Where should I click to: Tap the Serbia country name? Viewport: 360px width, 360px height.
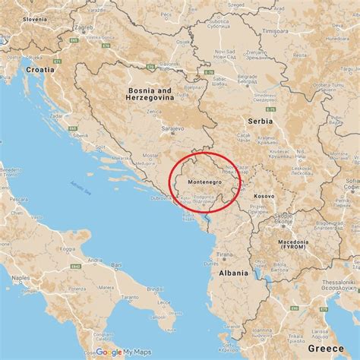(258, 122)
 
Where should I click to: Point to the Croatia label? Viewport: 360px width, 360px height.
(39, 69)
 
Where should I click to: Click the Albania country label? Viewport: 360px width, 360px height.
(233, 273)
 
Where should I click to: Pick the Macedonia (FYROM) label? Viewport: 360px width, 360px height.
(291, 243)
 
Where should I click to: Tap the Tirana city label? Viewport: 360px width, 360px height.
(224, 254)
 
